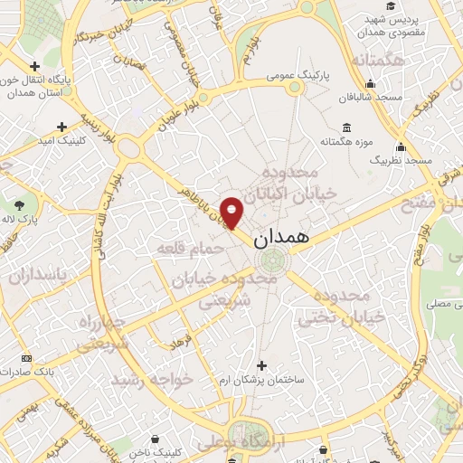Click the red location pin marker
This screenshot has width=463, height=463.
click(233, 213)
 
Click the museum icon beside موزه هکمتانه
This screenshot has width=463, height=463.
click(346, 127)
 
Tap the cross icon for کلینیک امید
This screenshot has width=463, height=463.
click(62, 127)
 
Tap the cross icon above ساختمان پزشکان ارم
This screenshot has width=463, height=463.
click(262, 365)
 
